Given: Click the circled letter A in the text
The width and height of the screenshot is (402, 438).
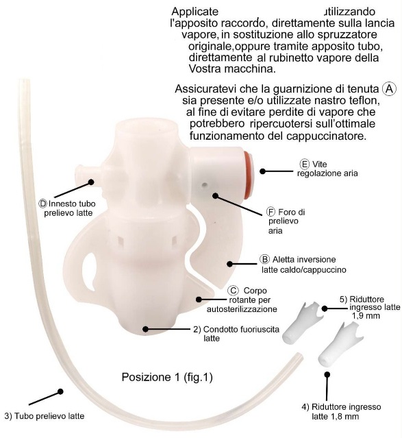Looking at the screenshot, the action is [388, 89].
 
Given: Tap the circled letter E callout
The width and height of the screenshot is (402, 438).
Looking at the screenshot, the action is [304, 164].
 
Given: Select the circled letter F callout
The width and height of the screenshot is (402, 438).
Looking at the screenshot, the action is [271, 212].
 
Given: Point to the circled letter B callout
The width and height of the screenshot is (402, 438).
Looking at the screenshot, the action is [264, 259].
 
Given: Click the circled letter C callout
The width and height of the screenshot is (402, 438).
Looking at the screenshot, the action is [233, 291].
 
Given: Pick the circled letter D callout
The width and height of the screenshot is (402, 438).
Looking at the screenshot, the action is [42, 204].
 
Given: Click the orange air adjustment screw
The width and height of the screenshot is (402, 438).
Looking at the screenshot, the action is [248, 175].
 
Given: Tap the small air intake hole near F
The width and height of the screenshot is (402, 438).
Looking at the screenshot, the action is [205, 185].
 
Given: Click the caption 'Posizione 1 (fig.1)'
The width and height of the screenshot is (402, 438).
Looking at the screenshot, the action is [167, 377].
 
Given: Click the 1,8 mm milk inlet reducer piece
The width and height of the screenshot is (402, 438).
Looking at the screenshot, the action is [340, 344].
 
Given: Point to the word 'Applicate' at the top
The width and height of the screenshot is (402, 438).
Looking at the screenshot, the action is [194, 12].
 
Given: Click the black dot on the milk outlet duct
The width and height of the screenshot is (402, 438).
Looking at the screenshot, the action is [145, 329].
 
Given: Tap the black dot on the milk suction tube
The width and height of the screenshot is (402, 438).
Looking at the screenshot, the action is [60, 391].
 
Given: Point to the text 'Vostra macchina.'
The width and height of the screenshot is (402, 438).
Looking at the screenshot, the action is [232, 69].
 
